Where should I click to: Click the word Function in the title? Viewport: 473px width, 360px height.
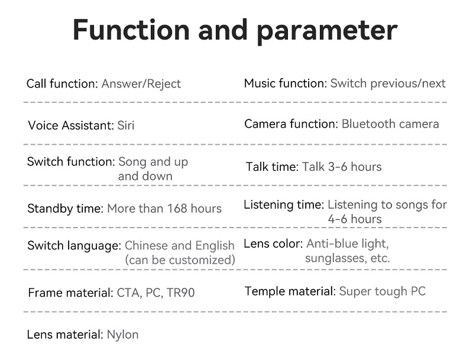[x=131, y=30]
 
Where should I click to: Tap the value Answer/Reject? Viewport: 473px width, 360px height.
[x=141, y=84]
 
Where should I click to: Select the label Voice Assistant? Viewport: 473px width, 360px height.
[x=71, y=125]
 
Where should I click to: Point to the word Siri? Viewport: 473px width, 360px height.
[x=126, y=125]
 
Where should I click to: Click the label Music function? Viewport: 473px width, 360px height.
[x=286, y=83]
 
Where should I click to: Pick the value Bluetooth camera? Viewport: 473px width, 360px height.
[x=390, y=124]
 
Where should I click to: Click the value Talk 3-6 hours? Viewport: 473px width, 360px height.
[x=342, y=167]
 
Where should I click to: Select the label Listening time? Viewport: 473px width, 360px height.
[x=284, y=205]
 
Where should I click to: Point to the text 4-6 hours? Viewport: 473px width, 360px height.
[x=355, y=219]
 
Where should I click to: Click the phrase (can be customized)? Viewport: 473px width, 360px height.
[x=180, y=260]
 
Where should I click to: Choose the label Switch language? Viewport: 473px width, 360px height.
[x=74, y=245]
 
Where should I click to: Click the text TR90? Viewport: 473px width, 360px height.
[x=181, y=293]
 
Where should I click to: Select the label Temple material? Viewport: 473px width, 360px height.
[x=290, y=291]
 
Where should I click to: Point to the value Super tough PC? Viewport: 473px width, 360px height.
[x=382, y=291]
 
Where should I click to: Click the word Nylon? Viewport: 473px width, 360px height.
[x=123, y=335]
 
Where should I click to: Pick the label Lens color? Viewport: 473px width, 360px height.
[x=273, y=244]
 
